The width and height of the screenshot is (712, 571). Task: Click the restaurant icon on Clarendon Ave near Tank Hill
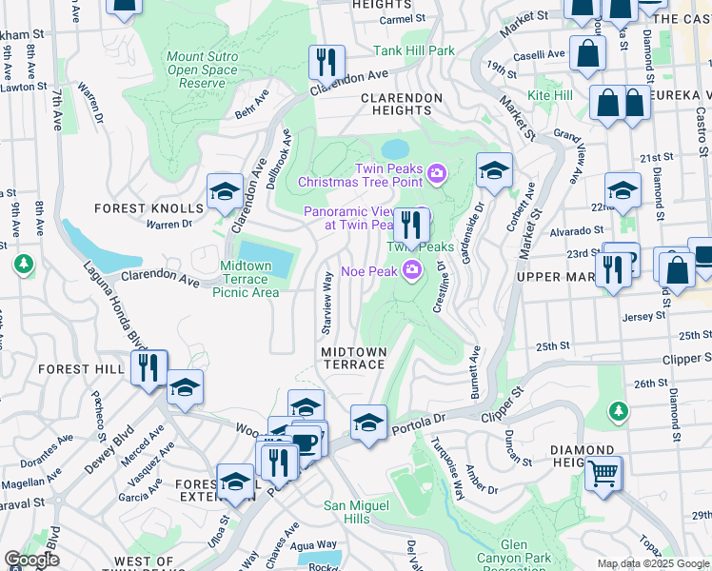pyautogui.click(x=326, y=63)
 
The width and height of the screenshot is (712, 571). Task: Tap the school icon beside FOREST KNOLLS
pyautogui.click(x=225, y=193)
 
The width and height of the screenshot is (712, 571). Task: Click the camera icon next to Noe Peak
pyautogui.click(x=412, y=270)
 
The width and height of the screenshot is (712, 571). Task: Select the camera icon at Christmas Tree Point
pyautogui.click(x=437, y=172)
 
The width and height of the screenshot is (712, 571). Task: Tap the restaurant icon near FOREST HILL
pyautogui.click(x=148, y=367)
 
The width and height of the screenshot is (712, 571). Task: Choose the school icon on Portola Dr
pyautogui.click(x=368, y=422)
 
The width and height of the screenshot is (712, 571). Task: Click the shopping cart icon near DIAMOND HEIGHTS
pyautogui.click(x=603, y=473)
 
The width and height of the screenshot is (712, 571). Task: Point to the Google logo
pyautogui.click(x=31, y=560)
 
